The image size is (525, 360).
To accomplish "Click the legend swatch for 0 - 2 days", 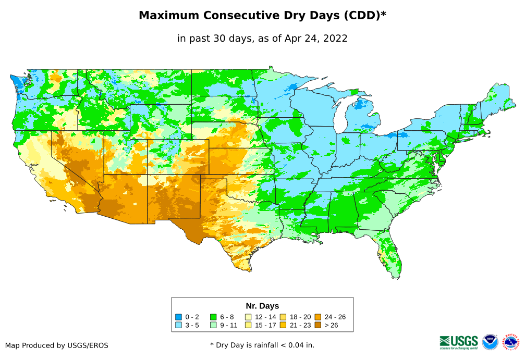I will (179, 317).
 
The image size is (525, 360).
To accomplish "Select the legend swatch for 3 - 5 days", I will (179, 325).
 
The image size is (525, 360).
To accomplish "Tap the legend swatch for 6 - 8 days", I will (213, 317).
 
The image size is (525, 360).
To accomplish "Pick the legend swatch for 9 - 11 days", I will (213, 325).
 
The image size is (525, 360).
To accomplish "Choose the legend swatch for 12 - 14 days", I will (248, 317).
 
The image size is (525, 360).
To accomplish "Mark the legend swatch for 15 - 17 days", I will (248, 325).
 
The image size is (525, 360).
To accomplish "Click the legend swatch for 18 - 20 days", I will (283, 317).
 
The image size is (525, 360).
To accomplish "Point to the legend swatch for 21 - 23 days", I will (283, 325).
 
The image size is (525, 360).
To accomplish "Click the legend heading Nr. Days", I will (262, 306).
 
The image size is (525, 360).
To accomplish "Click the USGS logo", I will (459, 342).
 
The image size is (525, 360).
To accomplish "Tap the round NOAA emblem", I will (490, 342).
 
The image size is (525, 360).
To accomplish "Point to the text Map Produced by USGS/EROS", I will (57, 345).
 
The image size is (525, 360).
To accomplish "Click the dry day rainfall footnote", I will (262, 345).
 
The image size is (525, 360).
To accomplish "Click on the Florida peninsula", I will (392, 255).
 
